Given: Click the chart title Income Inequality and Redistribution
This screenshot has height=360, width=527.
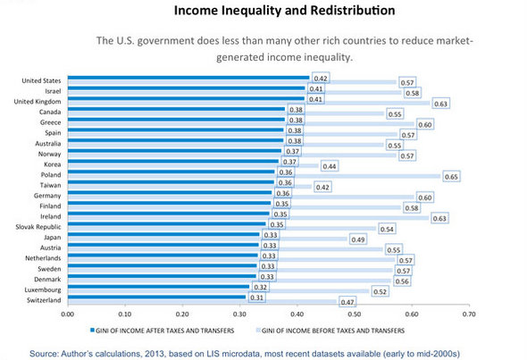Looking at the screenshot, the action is coord(284,11).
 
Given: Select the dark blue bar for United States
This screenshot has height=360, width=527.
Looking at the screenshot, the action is coord(188,78).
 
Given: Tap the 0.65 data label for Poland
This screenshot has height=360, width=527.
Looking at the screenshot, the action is coord(451,177).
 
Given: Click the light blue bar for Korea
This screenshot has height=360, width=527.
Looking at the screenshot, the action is coord(193,166).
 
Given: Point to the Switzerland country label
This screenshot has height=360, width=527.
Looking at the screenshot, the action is coord(44,300).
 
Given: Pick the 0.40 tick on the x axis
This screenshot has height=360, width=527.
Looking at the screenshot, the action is coord(297,314).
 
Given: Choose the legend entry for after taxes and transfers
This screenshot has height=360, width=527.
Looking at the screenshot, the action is coord(163,331).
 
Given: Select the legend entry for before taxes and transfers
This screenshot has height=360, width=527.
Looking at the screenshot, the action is coord(330,331).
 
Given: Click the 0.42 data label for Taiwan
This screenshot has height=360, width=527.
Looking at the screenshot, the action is coord(322,188).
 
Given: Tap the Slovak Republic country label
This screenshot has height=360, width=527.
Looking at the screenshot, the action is coord(38,227).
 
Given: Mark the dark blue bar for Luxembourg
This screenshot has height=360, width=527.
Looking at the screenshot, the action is coord(159,287).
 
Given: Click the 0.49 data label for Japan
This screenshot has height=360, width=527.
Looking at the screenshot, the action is coord(358,239).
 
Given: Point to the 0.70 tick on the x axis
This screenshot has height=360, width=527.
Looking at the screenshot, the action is coord(469,314).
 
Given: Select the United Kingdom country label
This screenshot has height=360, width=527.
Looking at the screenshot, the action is coord(38,102).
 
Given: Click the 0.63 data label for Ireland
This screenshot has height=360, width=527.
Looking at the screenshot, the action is coord(439,219).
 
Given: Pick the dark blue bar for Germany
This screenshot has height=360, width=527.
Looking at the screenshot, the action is coord(170,193).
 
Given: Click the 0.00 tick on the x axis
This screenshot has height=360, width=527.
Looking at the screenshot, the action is coord(68,314).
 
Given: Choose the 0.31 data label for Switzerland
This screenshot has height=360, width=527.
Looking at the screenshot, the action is coord(256,297).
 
